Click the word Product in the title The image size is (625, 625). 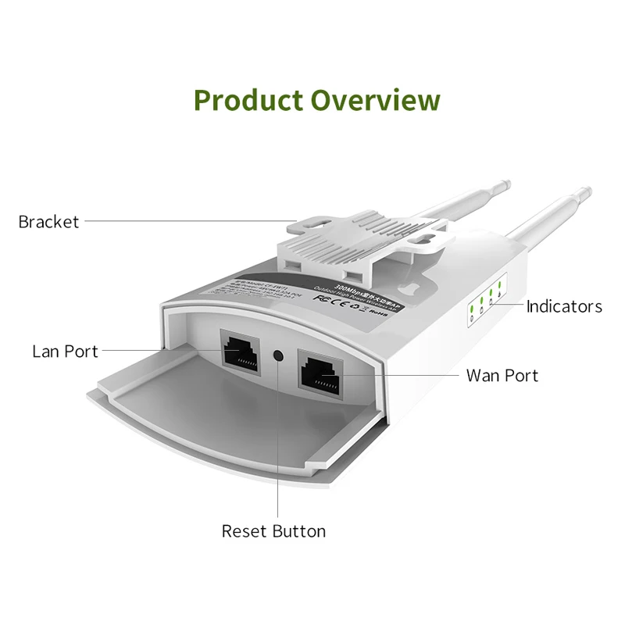248,101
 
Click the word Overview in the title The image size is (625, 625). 375,101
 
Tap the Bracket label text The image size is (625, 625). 48,222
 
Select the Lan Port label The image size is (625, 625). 66,352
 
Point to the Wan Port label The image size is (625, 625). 502,376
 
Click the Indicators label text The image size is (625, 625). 564,306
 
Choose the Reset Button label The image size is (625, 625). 273,531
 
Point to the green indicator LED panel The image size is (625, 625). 485,302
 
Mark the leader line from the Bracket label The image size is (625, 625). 187,221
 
